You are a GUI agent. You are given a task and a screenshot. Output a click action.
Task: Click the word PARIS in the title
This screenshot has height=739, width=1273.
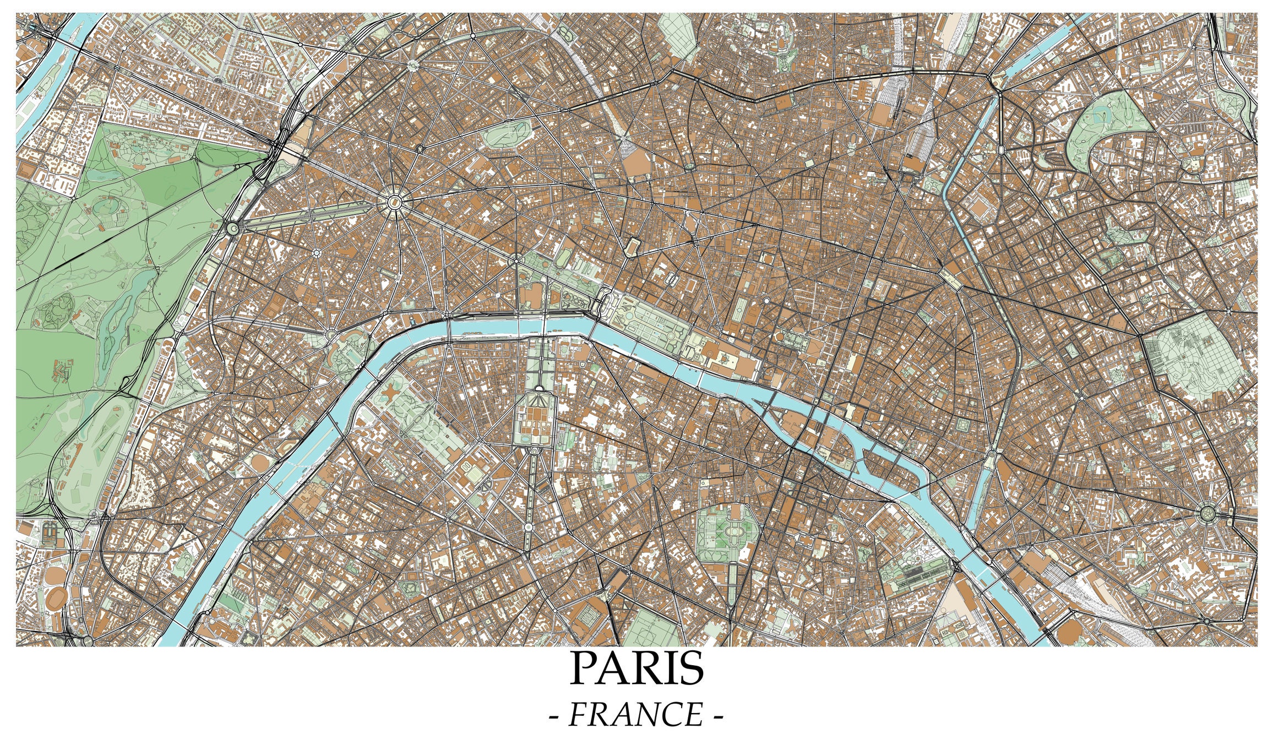point(636,669)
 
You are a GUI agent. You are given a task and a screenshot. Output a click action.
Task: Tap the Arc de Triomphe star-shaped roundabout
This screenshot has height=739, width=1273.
point(395,202)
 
